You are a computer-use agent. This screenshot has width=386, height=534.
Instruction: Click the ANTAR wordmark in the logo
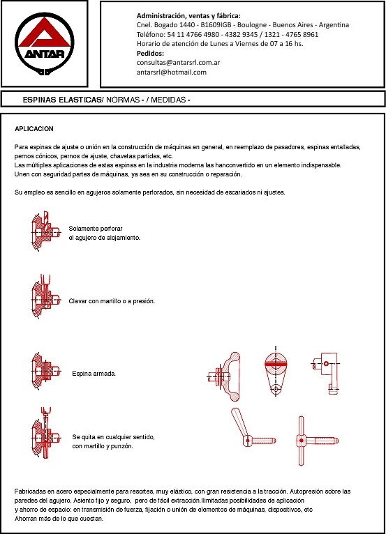tap(45, 54)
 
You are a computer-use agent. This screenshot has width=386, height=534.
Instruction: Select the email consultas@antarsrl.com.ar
tap(178, 63)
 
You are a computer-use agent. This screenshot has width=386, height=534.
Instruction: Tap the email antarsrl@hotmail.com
tap(172, 73)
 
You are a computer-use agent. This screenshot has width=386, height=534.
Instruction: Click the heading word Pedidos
tap(150, 54)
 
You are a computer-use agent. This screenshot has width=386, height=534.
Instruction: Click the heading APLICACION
tap(34, 129)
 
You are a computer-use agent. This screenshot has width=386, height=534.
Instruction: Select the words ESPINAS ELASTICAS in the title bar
tap(62, 100)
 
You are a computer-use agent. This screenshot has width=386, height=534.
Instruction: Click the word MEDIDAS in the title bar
tap(168, 100)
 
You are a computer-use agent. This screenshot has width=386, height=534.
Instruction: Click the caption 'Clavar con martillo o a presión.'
tap(112, 301)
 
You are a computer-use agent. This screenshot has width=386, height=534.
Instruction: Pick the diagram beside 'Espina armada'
tap(45, 371)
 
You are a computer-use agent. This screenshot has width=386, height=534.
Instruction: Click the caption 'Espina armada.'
tap(94, 374)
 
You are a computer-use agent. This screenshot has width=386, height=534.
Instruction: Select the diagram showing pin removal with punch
tap(45, 433)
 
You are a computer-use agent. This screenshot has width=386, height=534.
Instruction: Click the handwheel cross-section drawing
tap(223, 376)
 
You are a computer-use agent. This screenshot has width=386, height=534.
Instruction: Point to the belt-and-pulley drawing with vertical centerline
tap(276, 371)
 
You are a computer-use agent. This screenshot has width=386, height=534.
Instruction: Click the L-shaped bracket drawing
tap(325, 373)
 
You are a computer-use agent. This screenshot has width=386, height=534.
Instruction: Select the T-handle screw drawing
tap(316, 441)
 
